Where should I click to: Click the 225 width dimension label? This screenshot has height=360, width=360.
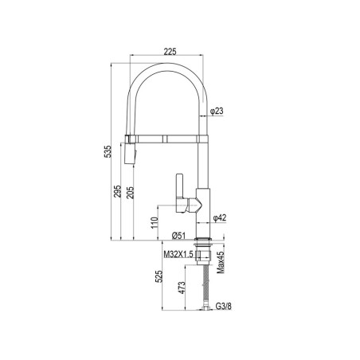click(170, 52)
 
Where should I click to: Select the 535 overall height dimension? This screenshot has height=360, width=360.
click(108, 151)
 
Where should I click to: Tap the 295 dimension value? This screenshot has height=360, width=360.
click(117, 191)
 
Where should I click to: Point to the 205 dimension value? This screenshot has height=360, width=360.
click(130, 193)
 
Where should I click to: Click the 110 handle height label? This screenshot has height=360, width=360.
click(155, 223)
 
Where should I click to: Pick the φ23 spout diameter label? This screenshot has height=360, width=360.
click(217, 111)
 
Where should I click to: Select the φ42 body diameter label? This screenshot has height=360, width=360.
click(220, 218)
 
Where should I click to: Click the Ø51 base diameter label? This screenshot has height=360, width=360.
click(178, 236)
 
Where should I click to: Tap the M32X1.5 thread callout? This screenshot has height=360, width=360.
click(178, 254)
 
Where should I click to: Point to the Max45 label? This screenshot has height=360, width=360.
click(221, 263)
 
